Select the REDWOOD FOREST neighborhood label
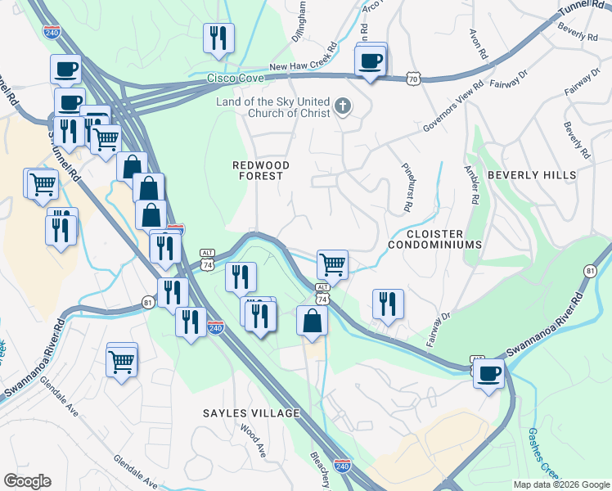[258, 170]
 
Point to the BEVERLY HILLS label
[532, 175]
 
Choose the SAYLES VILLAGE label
[252, 413]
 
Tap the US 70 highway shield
[414, 79]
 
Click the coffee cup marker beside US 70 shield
[371, 61]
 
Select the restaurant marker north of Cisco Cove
[218, 38]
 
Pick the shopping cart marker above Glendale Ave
[122, 358]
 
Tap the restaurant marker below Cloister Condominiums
[388, 304]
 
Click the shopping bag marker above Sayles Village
[313, 320]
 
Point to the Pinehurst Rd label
[406, 189]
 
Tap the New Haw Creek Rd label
[303, 66]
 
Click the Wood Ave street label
[253, 439]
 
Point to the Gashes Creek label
[543, 454]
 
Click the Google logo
[27, 481]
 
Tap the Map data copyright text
[560, 484]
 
